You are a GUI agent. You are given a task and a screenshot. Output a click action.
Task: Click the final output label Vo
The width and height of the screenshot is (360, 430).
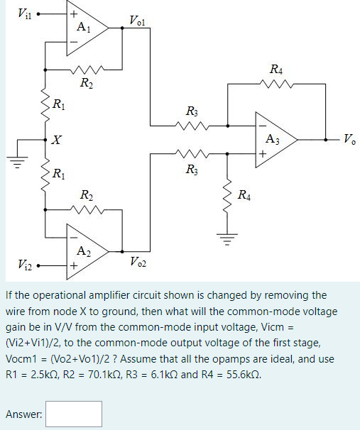(x=349, y=138)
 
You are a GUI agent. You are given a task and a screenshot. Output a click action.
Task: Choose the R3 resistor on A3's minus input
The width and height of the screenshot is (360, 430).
(x=190, y=126)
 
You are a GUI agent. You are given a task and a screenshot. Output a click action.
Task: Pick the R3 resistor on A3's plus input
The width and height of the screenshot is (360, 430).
(x=190, y=152)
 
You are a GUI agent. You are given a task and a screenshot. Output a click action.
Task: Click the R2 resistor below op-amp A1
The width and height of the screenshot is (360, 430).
(x=87, y=70)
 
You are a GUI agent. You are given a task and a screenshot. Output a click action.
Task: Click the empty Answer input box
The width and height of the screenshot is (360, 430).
(x=75, y=414)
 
